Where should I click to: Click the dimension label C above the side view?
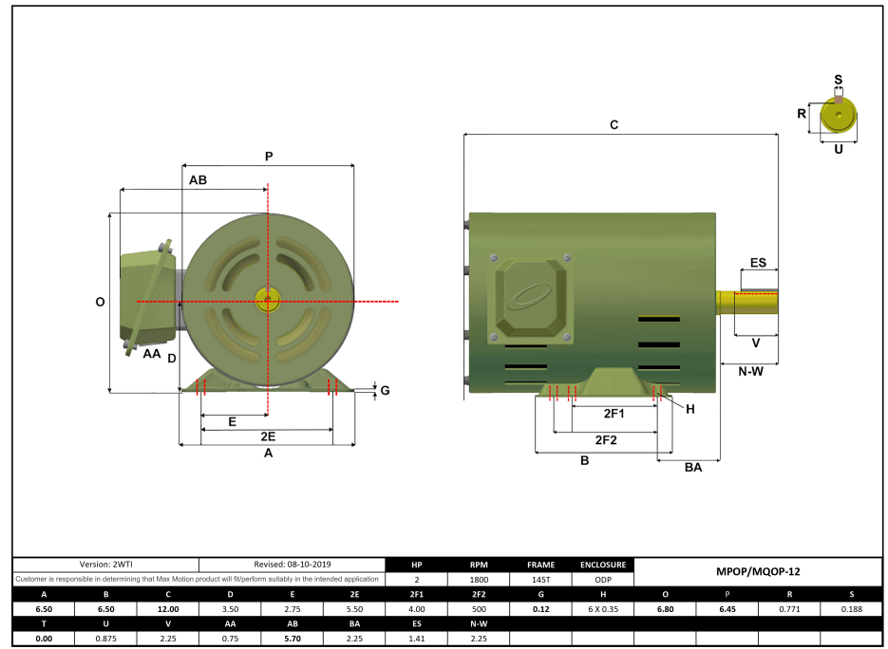click(x=614, y=124)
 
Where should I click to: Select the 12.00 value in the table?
click(x=167, y=609)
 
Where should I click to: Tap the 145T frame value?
click(x=540, y=579)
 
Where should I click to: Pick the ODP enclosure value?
click(x=602, y=579)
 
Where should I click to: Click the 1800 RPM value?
click(x=479, y=579)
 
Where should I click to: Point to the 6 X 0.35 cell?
click(x=602, y=609)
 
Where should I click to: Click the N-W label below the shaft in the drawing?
click(x=750, y=371)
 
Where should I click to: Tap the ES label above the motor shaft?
click(x=757, y=262)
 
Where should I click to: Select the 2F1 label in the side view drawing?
click(x=614, y=414)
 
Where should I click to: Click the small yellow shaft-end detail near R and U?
click(x=839, y=115)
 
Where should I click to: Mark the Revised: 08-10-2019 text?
click(x=293, y=564)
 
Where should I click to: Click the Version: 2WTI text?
click(x=105, y=564)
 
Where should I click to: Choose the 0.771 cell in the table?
click(x=788, y=609)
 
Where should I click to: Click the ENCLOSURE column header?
click(x=602, y=564)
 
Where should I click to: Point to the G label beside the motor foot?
click(x=385, y=390)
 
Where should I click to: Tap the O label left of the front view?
click(x=100, y=302)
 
